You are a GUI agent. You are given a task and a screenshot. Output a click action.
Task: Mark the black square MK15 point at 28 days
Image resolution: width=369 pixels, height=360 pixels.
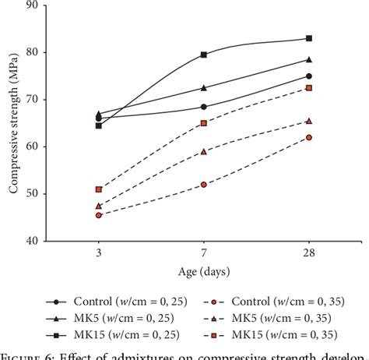pos(309,38)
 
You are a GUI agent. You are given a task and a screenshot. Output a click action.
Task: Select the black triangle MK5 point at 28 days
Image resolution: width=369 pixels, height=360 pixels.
pos(309,59)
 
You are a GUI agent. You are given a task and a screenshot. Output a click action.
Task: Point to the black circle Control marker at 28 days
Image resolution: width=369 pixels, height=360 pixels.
pos(309,76)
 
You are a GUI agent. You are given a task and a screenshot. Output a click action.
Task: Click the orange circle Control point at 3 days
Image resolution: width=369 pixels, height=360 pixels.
pos(99,215)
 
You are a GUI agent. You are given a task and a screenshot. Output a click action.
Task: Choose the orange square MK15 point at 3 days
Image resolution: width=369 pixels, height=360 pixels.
pos(99,189)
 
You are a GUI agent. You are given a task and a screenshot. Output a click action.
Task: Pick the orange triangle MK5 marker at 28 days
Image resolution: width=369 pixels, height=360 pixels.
pos(309,121)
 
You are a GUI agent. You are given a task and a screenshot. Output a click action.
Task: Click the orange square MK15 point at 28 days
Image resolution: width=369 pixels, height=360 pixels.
pos(309,88)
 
